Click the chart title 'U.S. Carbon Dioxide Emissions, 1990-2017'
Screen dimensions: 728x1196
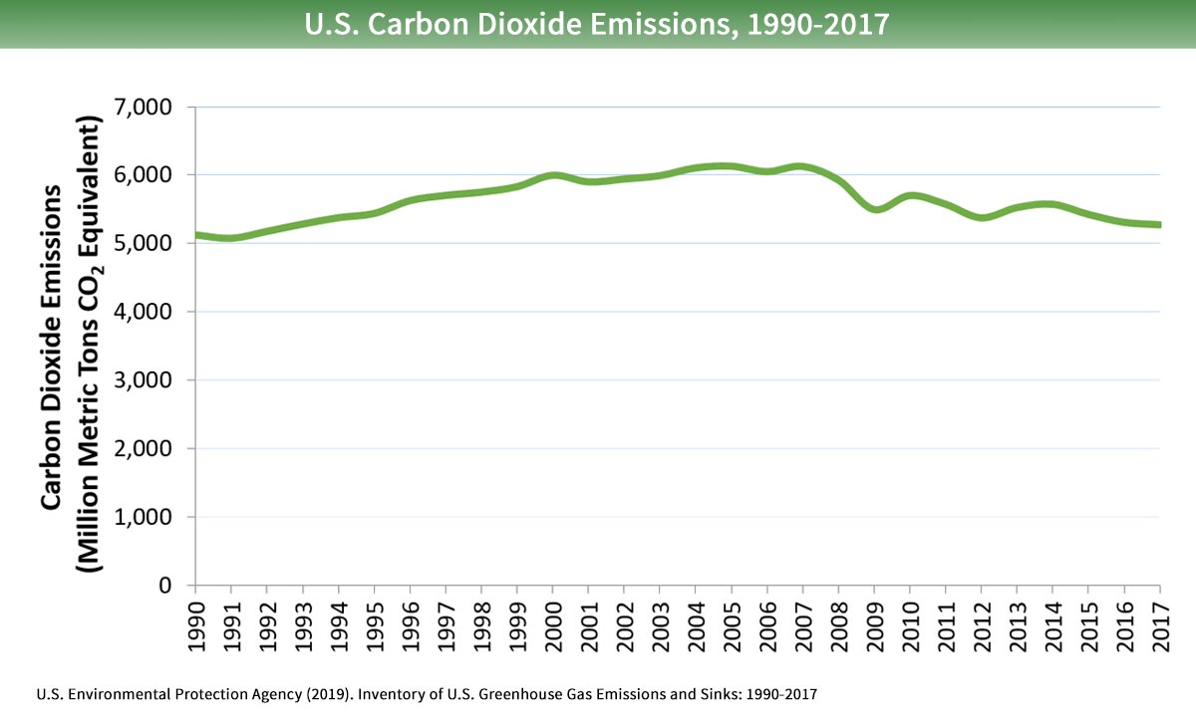click(x=597, y=23)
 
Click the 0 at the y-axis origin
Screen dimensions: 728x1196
click(x=176, y=586)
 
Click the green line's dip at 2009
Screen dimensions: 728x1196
click(x=875, y=209)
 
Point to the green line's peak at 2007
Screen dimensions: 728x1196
click(x=802, y=166)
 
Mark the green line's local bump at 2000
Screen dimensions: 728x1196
click(x=553, y=175)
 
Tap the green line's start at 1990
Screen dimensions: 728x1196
click(x=196, y=235)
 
